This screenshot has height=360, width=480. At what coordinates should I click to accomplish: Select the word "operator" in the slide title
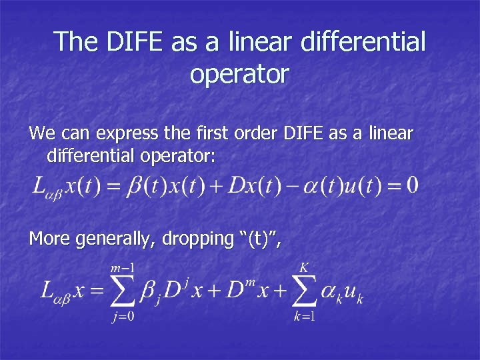239,74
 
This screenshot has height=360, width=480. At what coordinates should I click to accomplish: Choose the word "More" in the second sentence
49,238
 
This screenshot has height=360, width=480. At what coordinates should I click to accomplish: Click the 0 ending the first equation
412,184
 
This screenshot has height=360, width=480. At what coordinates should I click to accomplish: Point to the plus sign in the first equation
217,185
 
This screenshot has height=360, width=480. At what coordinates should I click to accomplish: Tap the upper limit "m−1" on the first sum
123,267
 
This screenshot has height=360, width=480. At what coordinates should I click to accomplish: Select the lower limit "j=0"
123,315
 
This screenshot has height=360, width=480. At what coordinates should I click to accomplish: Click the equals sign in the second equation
98,291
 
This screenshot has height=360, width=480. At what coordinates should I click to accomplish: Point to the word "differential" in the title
363,41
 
